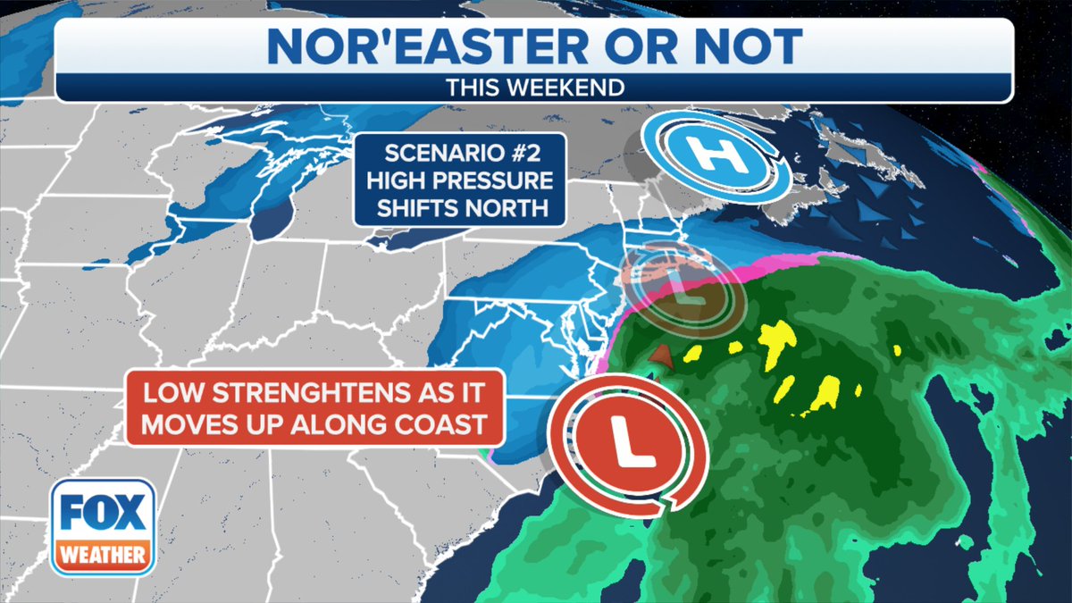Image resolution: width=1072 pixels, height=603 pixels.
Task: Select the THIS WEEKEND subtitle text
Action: [x=534, y=88]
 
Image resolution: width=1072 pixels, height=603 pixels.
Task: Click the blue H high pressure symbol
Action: [x=716, y=156]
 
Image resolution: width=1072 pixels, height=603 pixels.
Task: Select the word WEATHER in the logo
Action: [x=104, y=555]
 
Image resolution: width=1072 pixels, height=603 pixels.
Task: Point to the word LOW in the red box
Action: [x=171, y=394]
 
